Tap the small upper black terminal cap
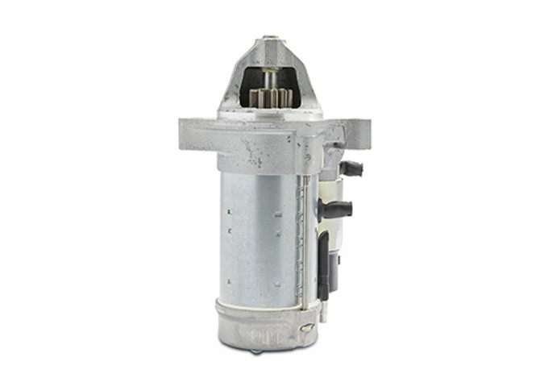pyautogui.click(x=351, y=169)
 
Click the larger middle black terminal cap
pyautogui.click(x=337, y=209)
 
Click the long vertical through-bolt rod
pyautogui.click(x=301, y=242)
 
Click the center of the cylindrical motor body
pyautogui.click(x=258, y=234)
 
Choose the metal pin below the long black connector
pyautogui.click(x=323, y=310)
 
